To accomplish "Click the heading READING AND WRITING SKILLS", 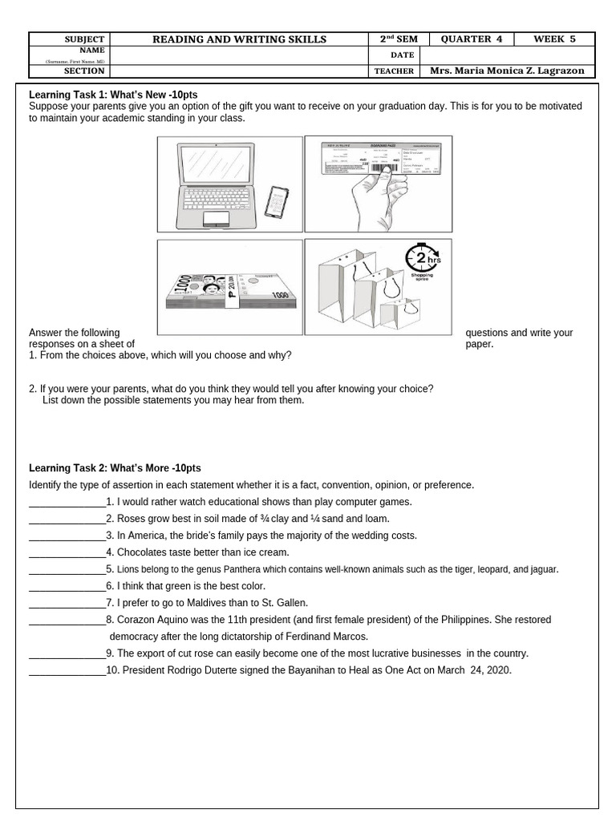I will (x=240, y=39).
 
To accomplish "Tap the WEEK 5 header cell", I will (x=555, y=39).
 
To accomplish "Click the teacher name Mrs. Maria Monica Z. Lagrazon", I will (x=507, y=71).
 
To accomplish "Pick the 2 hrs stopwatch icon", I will (x=422, y=261).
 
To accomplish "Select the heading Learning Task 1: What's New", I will (x=113, y=95).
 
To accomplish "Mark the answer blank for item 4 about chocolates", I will (x=67, y=552).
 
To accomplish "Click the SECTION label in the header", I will (x=84, y=71).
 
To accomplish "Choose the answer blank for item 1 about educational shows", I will (x=67, y=502).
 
